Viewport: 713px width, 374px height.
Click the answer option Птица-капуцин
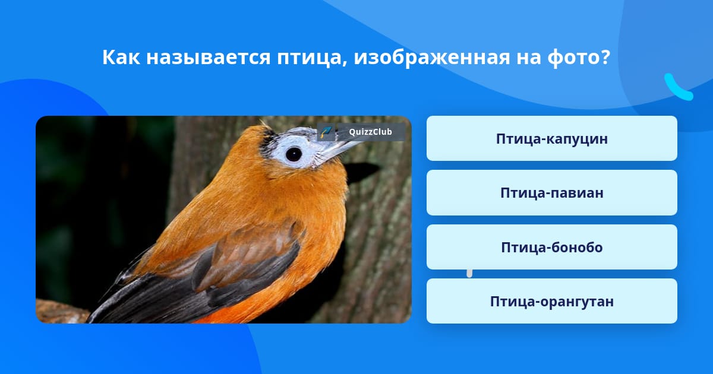click(x=551, y=138)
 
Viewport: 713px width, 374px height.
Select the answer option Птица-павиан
click(x=551, y=193)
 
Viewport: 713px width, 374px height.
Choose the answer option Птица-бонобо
click(x=551, y=247)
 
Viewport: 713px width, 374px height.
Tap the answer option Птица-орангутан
click(x=551, y=301)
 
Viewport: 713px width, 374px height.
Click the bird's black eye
click(x=294, y=154)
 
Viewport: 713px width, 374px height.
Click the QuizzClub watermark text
click(x=370, y=132)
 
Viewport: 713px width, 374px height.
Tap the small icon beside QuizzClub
click(x=326, y=132)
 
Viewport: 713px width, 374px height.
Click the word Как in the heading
click(x=121, y=58)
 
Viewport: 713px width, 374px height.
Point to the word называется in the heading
click(x=209, y=58)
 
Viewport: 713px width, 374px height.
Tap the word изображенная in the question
click(x=432, y=58)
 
